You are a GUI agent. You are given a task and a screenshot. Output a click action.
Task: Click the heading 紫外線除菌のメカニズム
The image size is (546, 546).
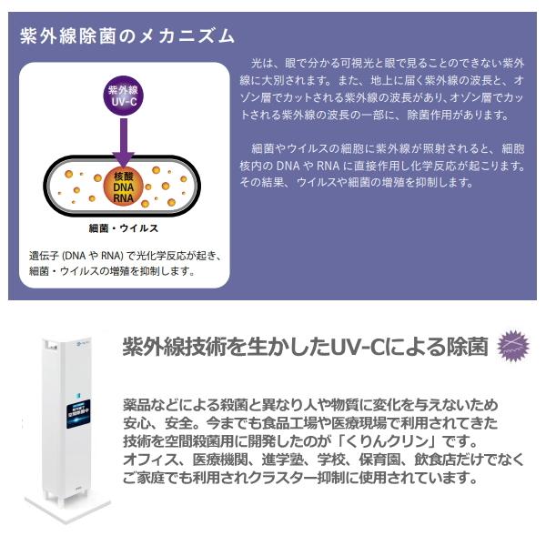pyautogui.click(x=127, y=36)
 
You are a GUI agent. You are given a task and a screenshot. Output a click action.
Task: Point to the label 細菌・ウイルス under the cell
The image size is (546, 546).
pyautogui.click(x=125, y=227)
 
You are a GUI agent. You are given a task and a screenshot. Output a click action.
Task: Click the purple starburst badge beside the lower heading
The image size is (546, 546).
pyautogui.click(x=512, y=348)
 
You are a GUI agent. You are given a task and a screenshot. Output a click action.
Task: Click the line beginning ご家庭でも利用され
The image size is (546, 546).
pyautogui.click(x=300, y=478)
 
